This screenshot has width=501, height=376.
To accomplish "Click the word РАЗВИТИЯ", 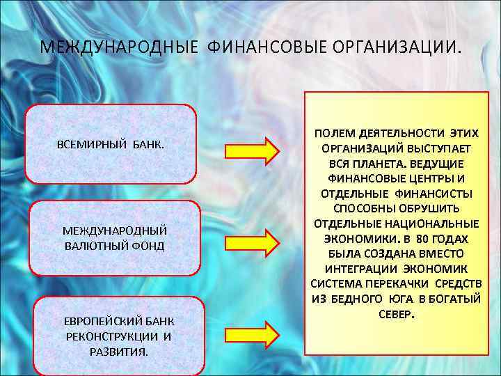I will [x=119, y=352].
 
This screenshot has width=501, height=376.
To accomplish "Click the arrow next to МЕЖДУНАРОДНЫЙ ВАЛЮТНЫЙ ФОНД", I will [x=251, y=242].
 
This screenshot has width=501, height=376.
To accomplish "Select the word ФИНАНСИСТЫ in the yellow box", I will [x=438, y=193].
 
